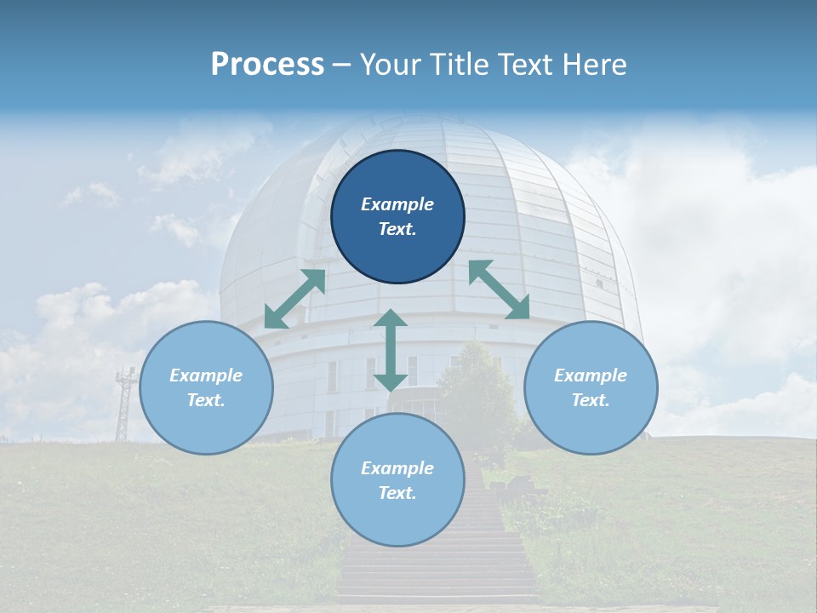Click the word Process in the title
click(x=267, y=65)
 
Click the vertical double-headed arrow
click(x=391, y=350)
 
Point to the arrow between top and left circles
click(x=294, y=299)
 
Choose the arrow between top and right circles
click(x=499, y=289)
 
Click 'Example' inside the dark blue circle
click(x=397, y=204)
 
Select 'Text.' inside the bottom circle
click(x=397, y=493)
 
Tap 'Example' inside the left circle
click(x=206, y=375)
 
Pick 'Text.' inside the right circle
click(x=591, y=400)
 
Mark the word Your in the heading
click(x=391, y=65)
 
